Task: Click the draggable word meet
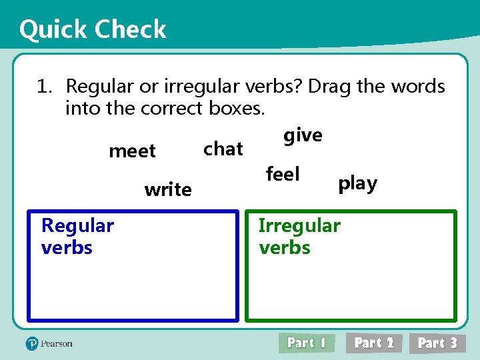132,151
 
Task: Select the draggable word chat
223,149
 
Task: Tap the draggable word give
303,136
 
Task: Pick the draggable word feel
283,175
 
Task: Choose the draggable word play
357,183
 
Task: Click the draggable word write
168,190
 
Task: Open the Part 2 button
374,343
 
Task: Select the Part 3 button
437,343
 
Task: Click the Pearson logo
49,343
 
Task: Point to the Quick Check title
93,29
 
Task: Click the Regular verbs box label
77,236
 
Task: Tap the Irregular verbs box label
299,236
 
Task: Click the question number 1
44,87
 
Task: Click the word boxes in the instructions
237,108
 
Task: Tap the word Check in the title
131,29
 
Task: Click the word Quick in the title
53,29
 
